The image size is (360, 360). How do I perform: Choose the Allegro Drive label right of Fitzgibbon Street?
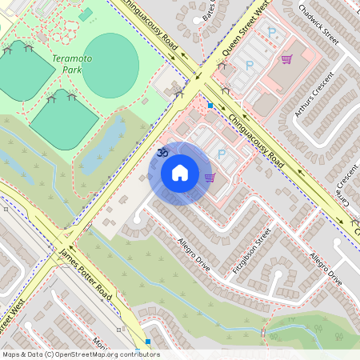click(325, 269)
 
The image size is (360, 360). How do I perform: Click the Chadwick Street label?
click(319, 25)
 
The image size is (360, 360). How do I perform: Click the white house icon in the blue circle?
click(180, 173)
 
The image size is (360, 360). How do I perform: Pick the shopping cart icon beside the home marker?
click(210, 178)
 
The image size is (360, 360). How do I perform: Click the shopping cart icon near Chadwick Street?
click(286, 59)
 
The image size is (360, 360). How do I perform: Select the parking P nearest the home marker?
click(222, 153)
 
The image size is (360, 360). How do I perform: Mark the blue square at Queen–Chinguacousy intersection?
click(210, 105)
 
